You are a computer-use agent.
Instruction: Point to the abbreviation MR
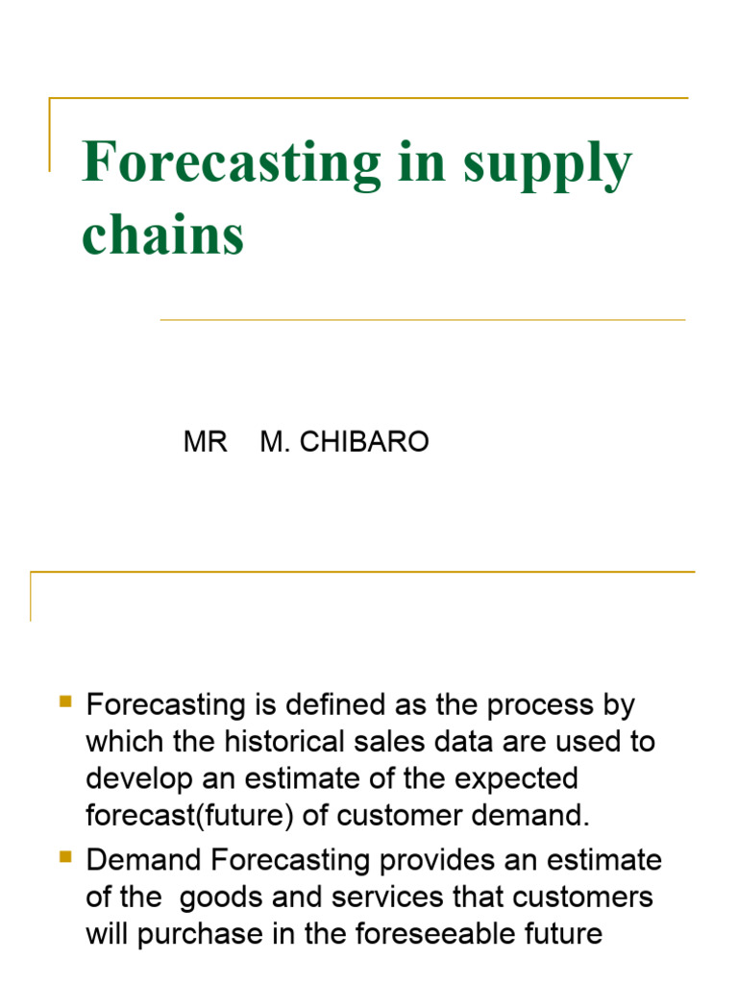pos(205,442)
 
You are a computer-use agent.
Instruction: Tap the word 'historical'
pos(298,741)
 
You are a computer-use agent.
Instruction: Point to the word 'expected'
pos(520,778)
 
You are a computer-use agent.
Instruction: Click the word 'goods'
pos(219,897)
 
